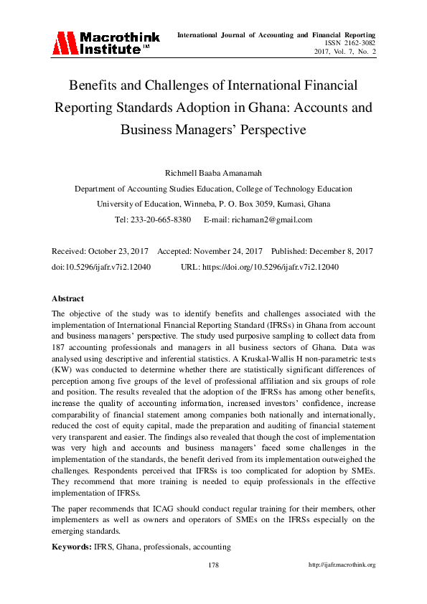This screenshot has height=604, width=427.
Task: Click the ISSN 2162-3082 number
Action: (347, 44)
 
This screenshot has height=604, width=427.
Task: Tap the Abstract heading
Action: (67, 298)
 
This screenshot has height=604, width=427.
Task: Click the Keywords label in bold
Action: (72, 547)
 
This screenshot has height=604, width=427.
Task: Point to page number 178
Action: (213, 565)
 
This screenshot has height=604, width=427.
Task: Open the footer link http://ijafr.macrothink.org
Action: (342, 565)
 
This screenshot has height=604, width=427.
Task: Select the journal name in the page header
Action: (276, 34)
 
